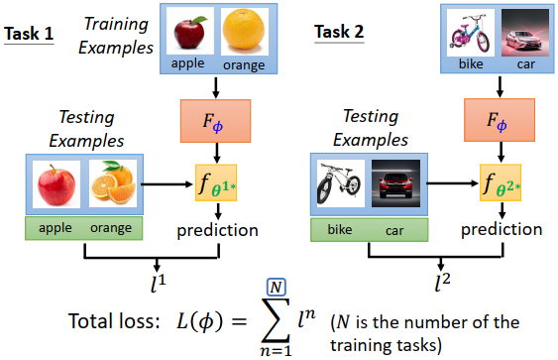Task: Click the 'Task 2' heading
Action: [338, 32]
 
